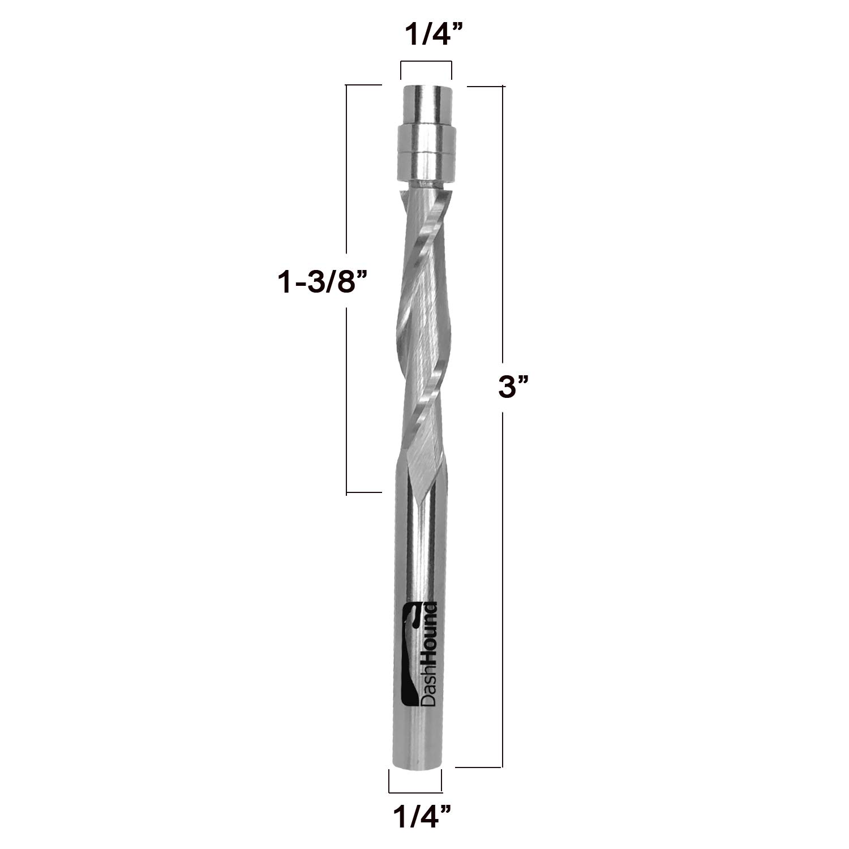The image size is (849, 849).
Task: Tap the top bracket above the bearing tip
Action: coord(426,70)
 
